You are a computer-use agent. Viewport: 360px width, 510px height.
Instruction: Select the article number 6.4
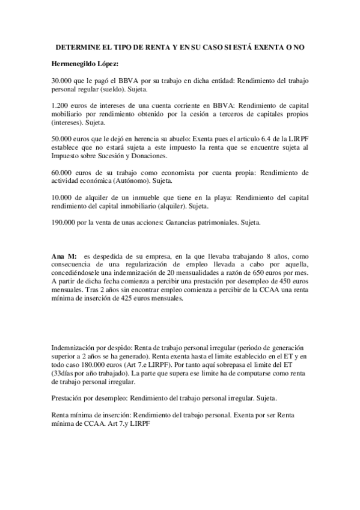[x=247, y=139]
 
